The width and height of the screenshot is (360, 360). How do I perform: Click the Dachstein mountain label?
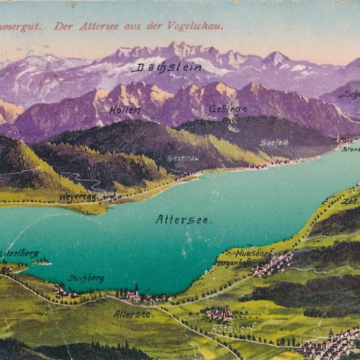168,67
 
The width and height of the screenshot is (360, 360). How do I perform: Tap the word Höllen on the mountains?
125,110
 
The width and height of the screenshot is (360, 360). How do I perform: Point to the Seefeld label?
274,143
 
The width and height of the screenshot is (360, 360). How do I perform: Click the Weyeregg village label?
77,196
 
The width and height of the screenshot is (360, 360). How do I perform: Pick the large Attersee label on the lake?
183,219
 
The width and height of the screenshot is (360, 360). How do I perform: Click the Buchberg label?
86,277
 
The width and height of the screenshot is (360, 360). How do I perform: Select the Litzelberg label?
19,253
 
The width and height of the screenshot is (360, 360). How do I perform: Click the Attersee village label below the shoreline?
132,314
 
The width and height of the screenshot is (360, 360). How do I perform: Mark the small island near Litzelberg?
43,262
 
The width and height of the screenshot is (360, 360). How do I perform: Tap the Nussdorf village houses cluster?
272,265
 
